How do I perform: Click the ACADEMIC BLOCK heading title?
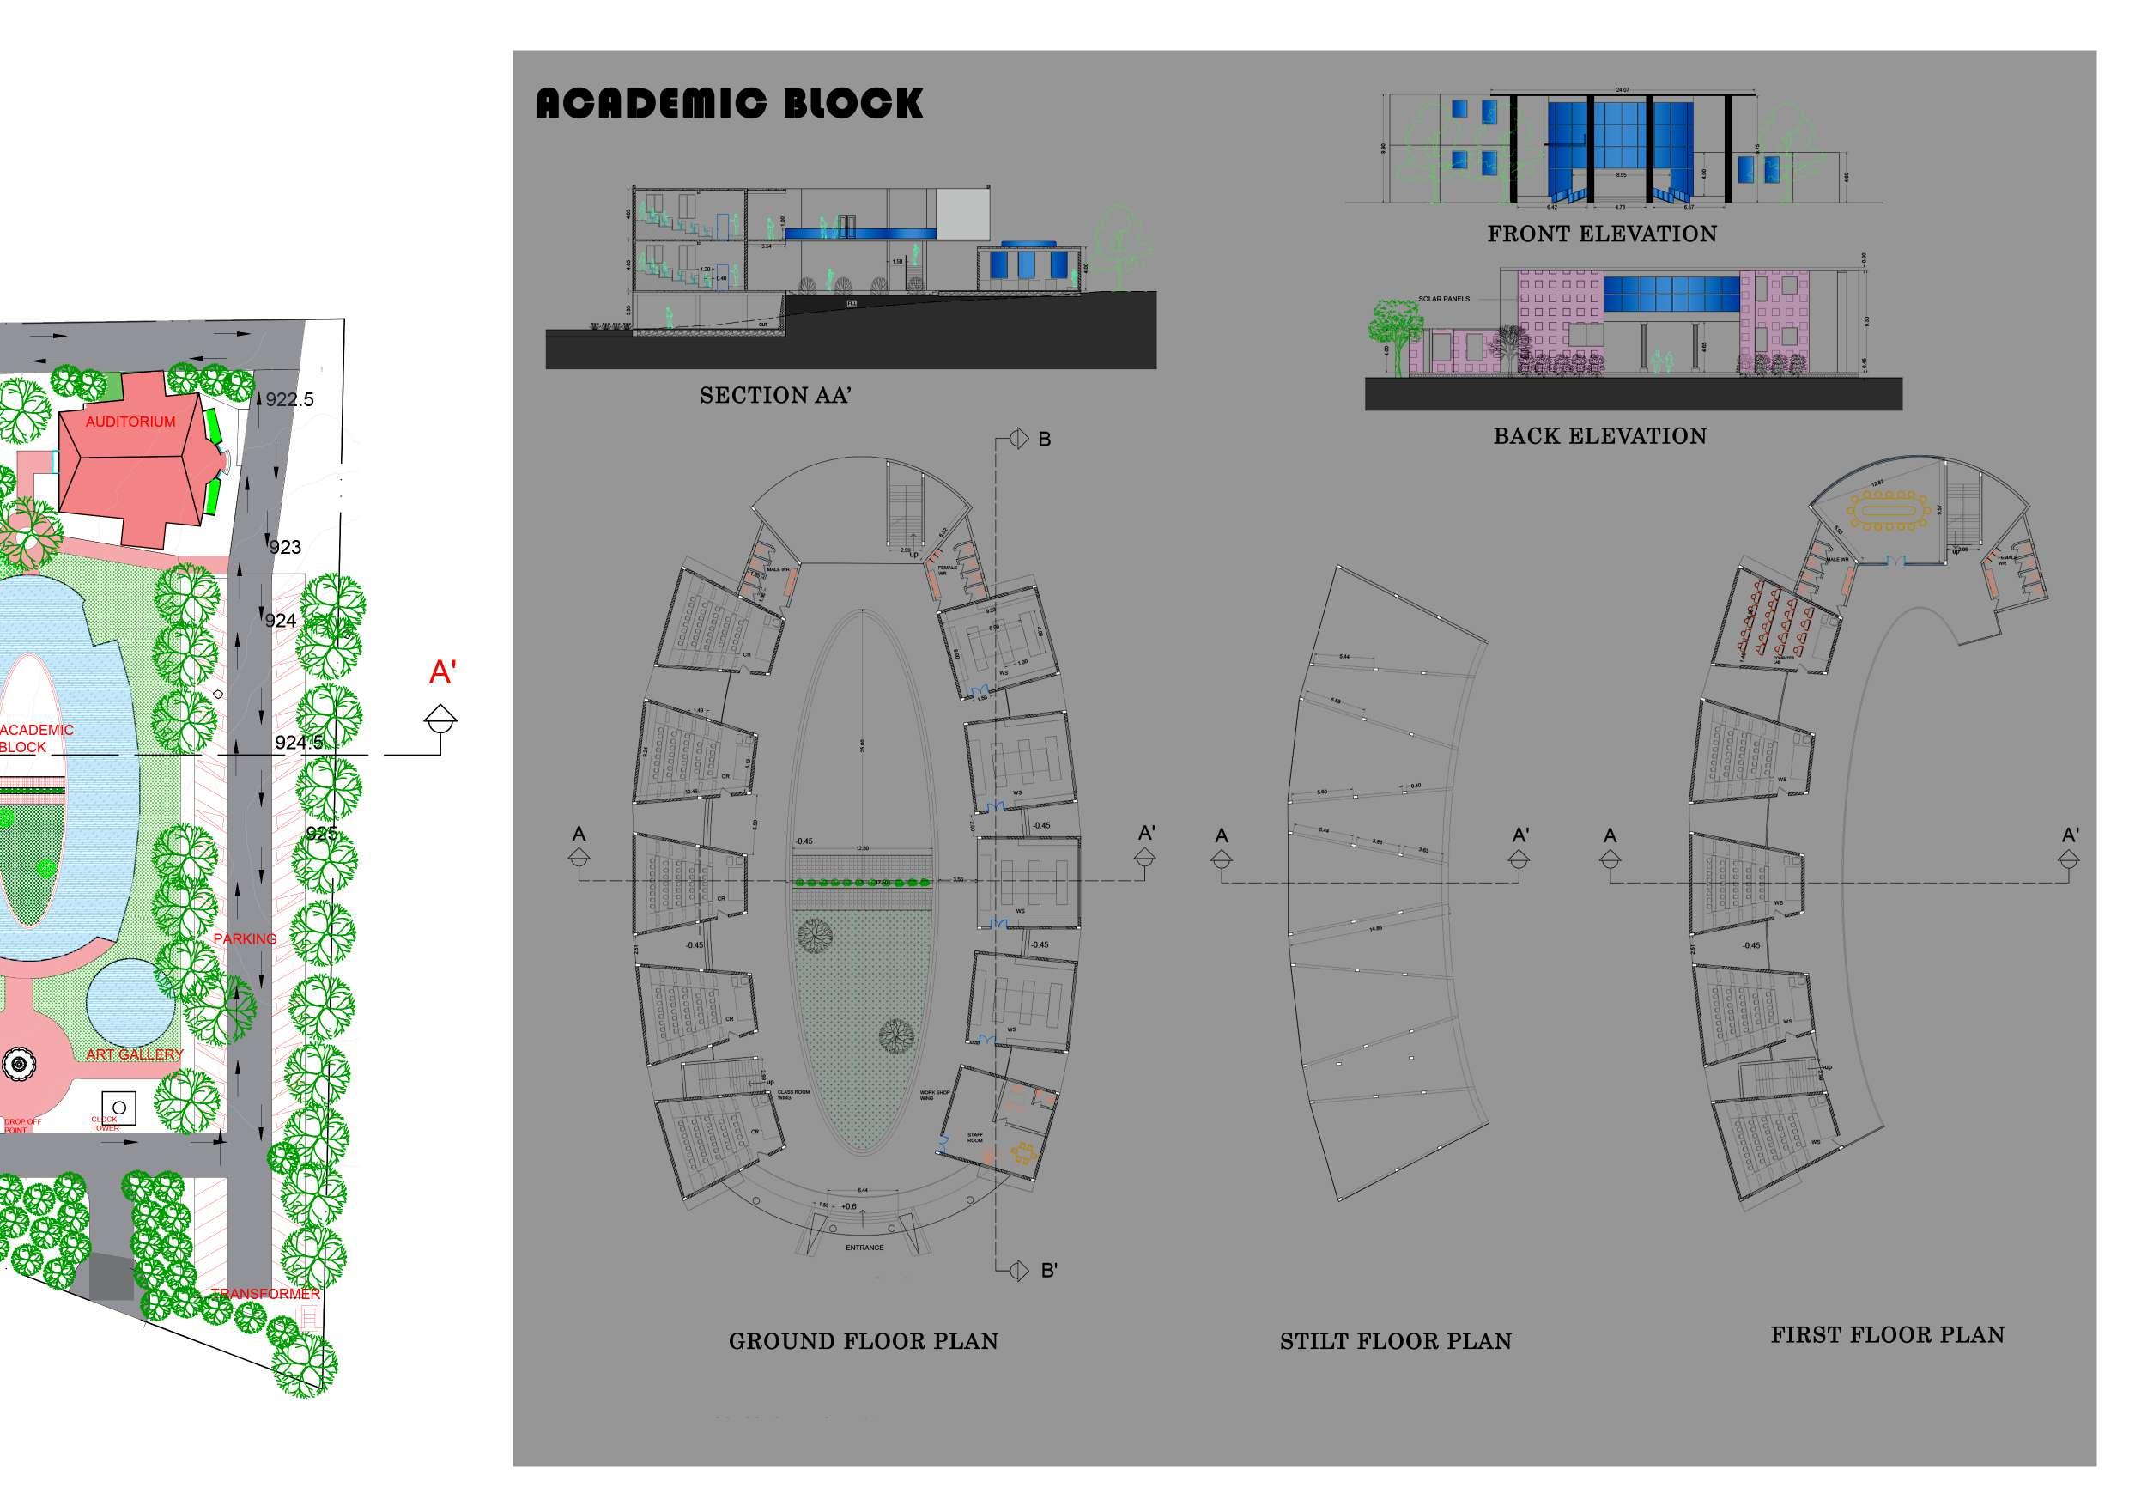click(729, 103)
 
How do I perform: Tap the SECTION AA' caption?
click(775, 396)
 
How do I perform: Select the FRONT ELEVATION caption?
click(1601, 234)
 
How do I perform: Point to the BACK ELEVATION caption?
click(1599, 436)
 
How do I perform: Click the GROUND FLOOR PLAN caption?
click(864, 1341)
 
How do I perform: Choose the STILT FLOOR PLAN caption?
click(1396, 1341)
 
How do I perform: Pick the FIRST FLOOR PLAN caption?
click(1887, 1334)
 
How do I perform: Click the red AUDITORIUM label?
click(130, 422)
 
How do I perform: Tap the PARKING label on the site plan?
click(245, 938)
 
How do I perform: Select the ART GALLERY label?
click(135, 1054)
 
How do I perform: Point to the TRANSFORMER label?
click(265, 1294)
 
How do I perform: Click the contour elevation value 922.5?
click(289, 400)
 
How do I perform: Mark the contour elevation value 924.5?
click(300, 742)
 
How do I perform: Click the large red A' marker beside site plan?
click(443, 672)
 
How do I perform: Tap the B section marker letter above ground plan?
click(1044, 440)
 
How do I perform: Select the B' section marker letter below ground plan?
click(1049, 1271)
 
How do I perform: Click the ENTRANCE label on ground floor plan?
click(864, 1248)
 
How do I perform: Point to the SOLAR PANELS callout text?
click(1444, 299)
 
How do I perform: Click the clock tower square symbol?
click(118, 1108)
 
